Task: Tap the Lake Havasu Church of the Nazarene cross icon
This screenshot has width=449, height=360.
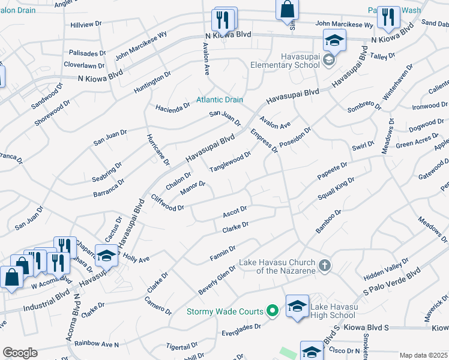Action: pyautogui.click(x=324, y=265)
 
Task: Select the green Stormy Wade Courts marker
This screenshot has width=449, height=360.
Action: pyautogui.click(x=272, y=311)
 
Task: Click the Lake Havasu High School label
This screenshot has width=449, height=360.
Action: pyautogui.click(x=333, y=311)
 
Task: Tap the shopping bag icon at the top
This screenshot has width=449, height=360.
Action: pyautogui.click(x=288, y=10)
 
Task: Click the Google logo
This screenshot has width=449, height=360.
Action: pyautogui.click(x=20, y=353)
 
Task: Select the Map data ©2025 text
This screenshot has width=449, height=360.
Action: pyautogui.click(x=424, y=355)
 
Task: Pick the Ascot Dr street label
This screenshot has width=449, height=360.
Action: pyautogui.click(x=235, y=211)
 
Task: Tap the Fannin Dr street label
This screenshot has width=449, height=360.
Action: pyautogui.click(x=223, y=252)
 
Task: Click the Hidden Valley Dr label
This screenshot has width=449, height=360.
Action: pyautogui.click(x=386, y=269)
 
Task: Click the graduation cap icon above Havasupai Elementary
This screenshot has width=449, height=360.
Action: pyautogui.click(x=334, y=41)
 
